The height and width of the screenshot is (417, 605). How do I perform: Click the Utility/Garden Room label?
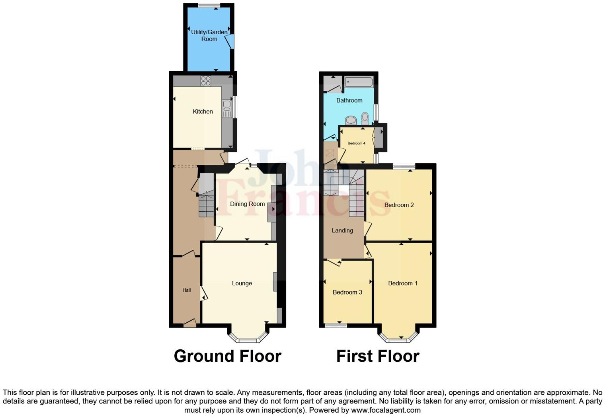point(209,35)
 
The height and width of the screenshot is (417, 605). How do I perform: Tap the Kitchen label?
point(203,111)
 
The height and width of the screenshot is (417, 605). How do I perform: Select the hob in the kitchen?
point(205,81)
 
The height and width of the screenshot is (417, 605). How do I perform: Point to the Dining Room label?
point(247,204)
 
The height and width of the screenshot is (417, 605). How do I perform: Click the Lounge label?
point(242,283)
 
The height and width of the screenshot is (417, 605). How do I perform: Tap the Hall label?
point(187,290)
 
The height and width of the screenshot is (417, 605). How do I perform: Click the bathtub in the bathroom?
point(359,82)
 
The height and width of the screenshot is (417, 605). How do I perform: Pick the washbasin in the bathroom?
point(351,120)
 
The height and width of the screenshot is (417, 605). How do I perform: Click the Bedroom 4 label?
point(356,143)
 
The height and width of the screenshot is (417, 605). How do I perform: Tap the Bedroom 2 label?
point(399,205)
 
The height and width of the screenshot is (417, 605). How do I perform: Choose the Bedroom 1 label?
point(402,283)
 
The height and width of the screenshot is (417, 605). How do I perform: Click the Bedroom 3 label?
point(347,292)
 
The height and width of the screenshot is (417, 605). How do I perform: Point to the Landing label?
point(342,230)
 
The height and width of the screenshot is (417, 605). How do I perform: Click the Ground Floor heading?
point(227,356)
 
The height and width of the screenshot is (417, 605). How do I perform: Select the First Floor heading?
point(377,356)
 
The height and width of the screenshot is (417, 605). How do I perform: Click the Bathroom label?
point(349,100)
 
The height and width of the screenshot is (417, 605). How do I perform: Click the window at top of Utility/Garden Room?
point(209,6)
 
